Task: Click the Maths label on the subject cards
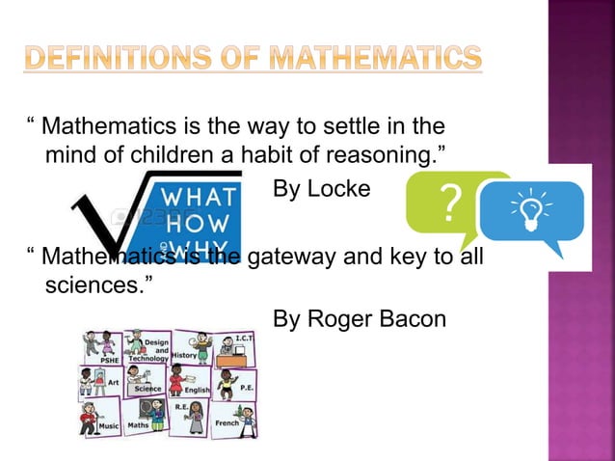click(139, 424)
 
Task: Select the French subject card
click(231, 418)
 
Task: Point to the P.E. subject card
click(235, 384)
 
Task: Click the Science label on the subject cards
click(147, 389)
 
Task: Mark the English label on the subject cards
click(197, 390)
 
